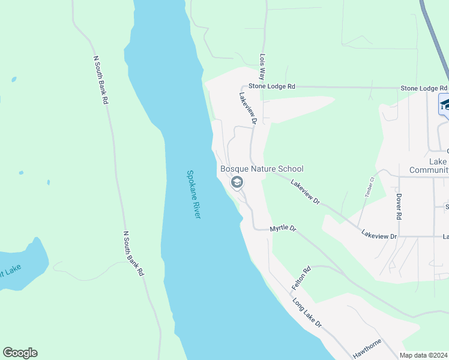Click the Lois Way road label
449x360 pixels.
tap(262, 67)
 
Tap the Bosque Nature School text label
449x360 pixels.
tap(262, 169)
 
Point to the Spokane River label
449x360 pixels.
tap(193, 194)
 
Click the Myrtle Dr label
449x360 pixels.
tap(283, 229)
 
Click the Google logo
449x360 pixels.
tap(20, 353)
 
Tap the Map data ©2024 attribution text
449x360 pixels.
tap(423, 355)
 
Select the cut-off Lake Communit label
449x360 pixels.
tap(429, 166)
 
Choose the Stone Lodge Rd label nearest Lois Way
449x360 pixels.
tap(273, 86)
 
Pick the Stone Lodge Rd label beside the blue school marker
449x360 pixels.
tap(424, 88)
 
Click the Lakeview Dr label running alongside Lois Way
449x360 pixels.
tap(247, 108)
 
